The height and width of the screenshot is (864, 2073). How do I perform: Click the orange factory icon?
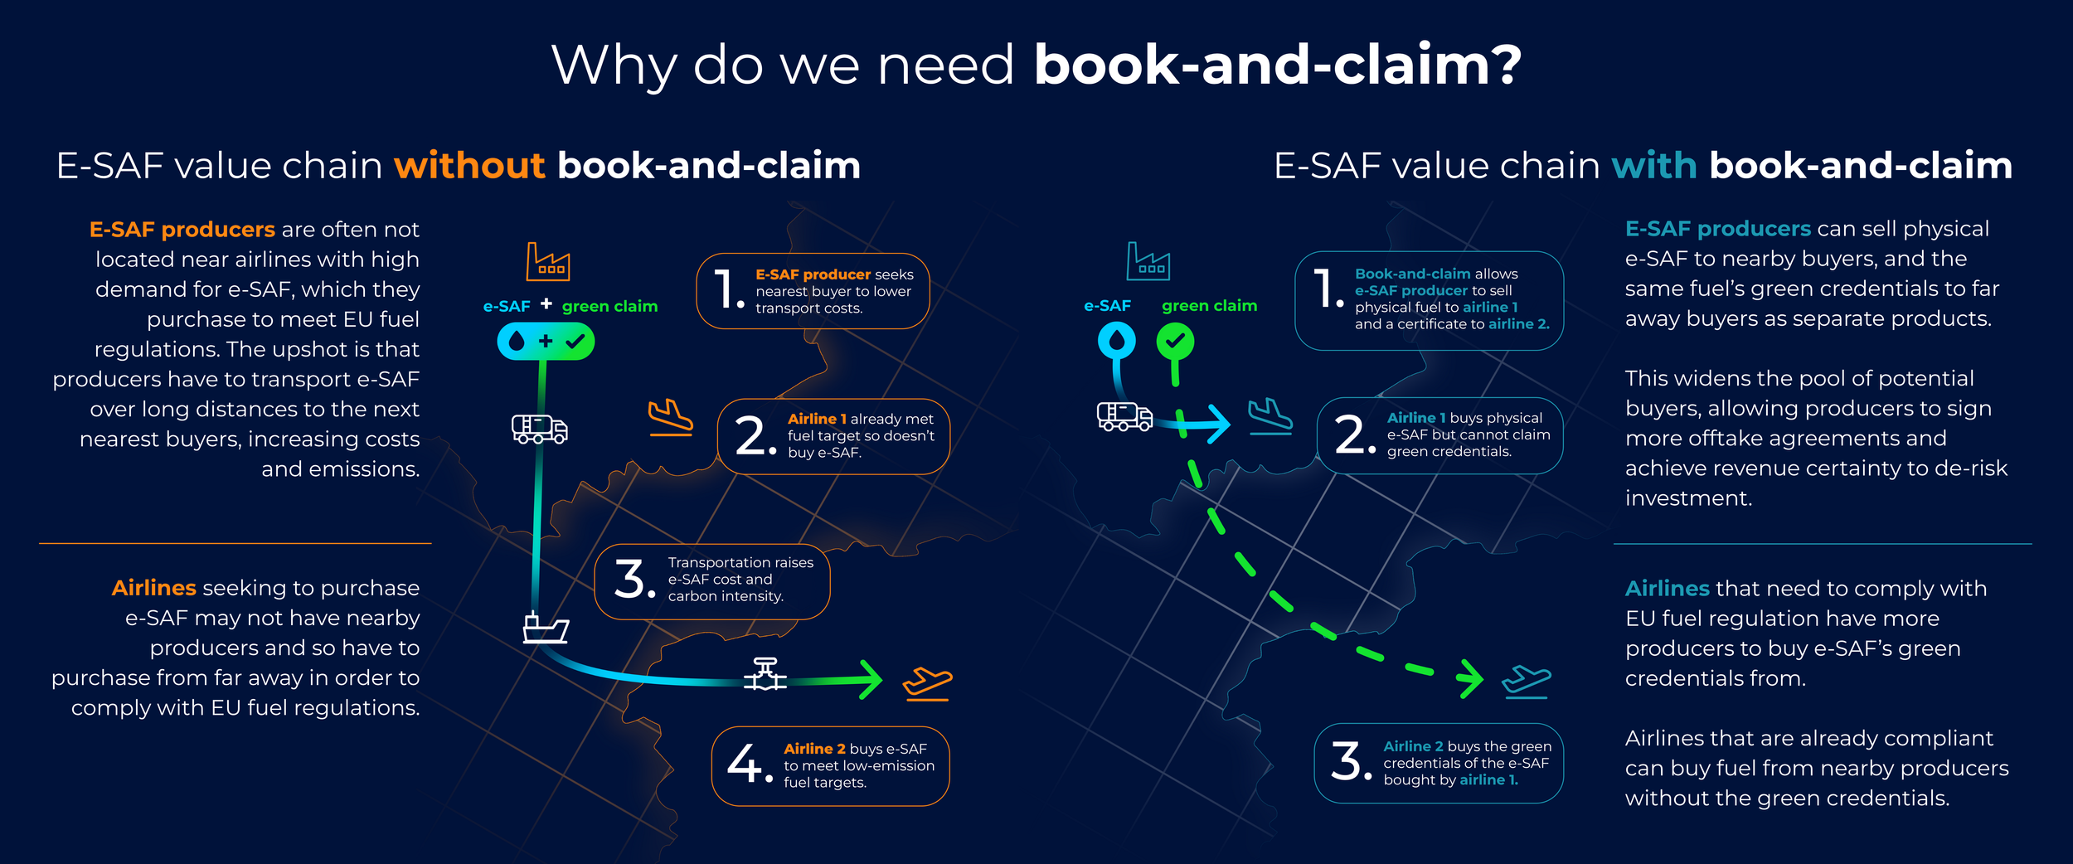tap(548, 262)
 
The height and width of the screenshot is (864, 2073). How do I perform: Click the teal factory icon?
tap(1148, 262)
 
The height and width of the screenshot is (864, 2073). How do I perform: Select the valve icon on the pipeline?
tap(765, 675)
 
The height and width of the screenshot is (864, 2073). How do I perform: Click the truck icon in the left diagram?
tap(539, 429)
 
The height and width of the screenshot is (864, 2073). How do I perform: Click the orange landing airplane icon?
tap(670, 417)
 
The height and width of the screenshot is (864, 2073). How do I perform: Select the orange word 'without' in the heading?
tap(469, 166)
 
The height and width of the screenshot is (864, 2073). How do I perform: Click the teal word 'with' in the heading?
tap(1654, 166)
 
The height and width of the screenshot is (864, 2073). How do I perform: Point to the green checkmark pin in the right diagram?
tap(1175, 342)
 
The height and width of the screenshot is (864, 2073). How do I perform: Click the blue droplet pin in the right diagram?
tap(1116, 341)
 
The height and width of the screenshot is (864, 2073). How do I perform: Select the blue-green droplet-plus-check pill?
tap(546, 342)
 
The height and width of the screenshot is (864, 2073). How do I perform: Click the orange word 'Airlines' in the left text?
tap(154, 588)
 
